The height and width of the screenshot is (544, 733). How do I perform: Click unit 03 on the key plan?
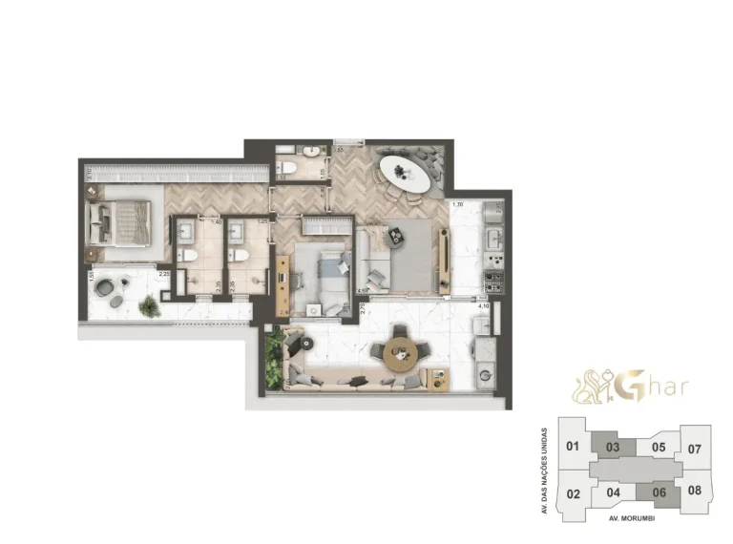pos(614,446)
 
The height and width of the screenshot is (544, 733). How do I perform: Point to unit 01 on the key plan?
pos(573,446)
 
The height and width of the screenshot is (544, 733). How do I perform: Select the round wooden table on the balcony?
pos(400,353)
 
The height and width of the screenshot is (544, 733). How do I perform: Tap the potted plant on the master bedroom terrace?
pos(149,305)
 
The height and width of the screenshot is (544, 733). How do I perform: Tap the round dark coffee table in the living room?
pos(375,277)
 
